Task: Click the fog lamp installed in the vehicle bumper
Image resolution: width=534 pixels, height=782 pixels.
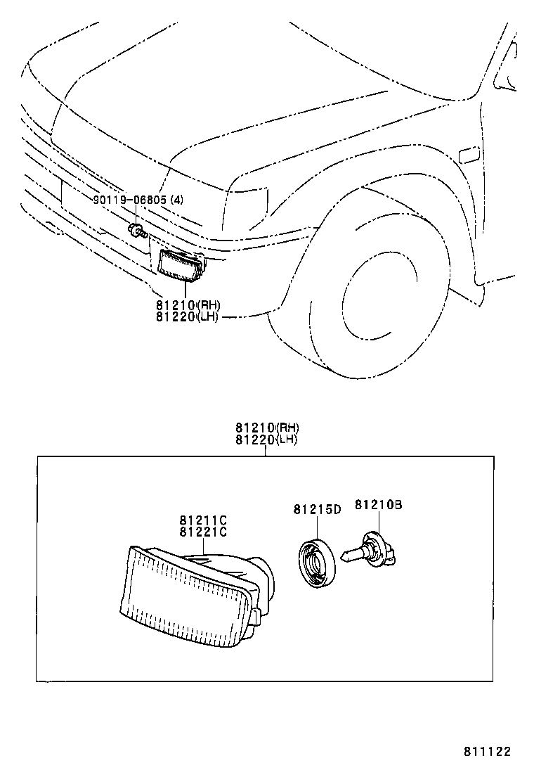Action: point(180,264)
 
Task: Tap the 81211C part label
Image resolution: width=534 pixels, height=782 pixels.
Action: point(202,520)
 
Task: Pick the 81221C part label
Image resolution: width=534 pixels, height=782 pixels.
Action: point(202,532)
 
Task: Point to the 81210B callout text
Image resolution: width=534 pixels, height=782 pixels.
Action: point(378,504)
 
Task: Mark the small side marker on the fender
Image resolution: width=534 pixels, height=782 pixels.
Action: point(468,154)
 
